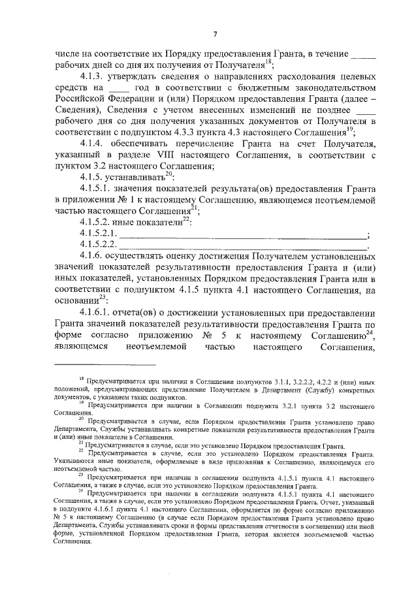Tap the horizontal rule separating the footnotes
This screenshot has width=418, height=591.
pos(105,364)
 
